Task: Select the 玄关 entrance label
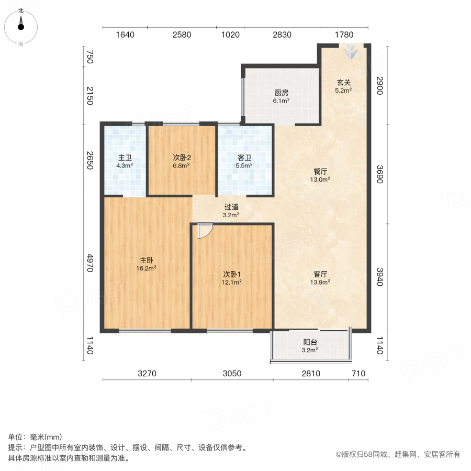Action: click(343, 82)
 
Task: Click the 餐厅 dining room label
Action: click(321, 171)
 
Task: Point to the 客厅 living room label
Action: click(321, 274)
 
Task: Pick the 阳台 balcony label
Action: click(310, 342)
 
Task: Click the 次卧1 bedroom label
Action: click(232, 274)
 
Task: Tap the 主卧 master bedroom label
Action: click(147, 260)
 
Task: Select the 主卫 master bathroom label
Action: click(125, 158)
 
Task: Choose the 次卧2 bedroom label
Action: click(181, 157)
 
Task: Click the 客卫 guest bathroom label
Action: click(244, 158)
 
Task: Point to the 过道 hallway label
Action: click(231, 207)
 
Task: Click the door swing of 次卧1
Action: click(205, 230)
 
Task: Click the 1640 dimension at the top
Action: click(125, 35)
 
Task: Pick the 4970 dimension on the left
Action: click(91, 263)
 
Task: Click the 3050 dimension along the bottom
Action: click(232, 373)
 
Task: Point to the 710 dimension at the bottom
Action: click(358, 373)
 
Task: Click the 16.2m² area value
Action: click(147, 268)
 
